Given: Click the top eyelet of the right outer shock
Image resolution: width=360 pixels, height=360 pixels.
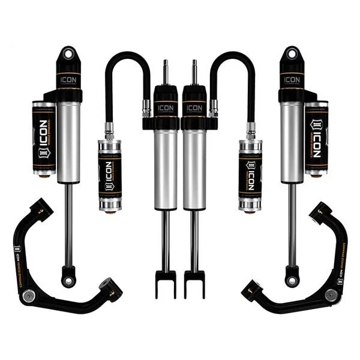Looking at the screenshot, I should coord(292,53).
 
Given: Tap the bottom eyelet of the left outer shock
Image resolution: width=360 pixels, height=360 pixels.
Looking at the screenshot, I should coord(68,280).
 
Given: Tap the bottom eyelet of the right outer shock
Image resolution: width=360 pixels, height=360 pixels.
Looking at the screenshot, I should coord(292,280).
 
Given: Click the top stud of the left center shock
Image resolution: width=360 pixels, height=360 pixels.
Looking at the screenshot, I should coord(165,71).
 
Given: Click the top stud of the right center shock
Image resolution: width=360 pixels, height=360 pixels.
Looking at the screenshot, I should coord(194,71).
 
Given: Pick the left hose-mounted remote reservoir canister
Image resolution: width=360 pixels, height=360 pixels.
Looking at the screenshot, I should coord(109,174).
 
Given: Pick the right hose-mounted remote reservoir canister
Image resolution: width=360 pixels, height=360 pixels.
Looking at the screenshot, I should coord(250,174).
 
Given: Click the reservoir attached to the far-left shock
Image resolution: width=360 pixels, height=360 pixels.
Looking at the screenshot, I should coord(43,139).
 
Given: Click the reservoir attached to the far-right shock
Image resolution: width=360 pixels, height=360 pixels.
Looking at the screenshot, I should coord(317,139).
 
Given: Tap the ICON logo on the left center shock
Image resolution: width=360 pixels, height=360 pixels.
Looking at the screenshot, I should coord(165,109).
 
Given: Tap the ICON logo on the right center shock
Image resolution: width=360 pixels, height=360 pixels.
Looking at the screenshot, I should coord(194,109).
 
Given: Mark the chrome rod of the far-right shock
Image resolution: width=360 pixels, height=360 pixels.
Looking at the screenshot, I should coord(292,228).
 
